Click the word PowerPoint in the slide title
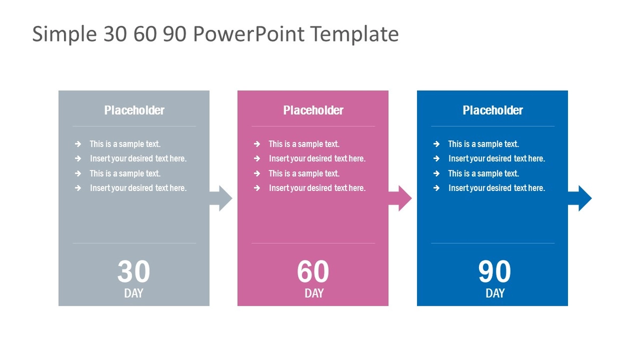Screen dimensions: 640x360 (x=249, y=34)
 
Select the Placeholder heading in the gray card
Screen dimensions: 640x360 (x=134, y=110)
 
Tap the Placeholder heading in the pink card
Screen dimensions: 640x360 (x=314, y=110)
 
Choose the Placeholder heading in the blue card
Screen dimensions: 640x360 (x=493, y=110)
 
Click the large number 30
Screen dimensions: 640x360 (x=134, y=271)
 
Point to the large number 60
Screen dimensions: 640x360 (x=313, y=271)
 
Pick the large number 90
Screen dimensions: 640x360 (x=494, y=271)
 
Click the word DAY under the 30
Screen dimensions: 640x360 (x=134, y=293)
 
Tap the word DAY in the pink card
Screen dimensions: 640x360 (x=314, y=293)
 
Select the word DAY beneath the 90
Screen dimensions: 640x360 (x=495, y=293)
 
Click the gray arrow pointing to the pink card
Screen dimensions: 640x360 (x=221, y=198)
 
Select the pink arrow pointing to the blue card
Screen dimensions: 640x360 (x=400, y=198)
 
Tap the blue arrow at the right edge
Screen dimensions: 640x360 (x=580, y=198)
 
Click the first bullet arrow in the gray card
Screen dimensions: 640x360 (x=78, y=144)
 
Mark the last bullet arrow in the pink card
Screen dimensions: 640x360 (x=257, y=188)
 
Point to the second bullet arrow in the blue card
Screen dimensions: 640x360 (x=436, y=158)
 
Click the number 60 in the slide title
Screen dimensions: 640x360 (x=145, y=34)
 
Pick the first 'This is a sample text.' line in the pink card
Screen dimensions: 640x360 (x=304, y=144)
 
